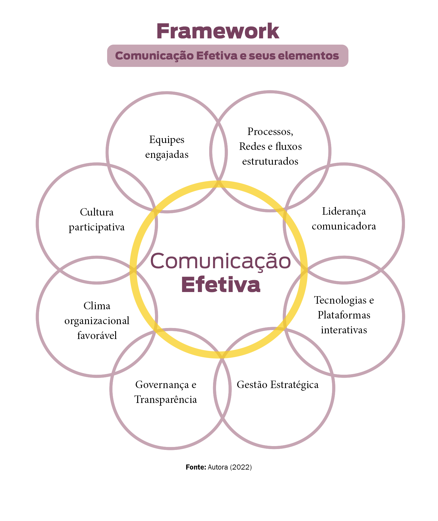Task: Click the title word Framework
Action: [218, 31]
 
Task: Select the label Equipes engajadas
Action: [167, 147]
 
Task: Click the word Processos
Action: [270, 131]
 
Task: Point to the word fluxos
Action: [288, 146]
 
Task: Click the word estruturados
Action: [270, 161]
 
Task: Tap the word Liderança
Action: [344, 211]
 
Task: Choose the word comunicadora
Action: [344, 226]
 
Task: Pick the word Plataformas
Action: [344, 315]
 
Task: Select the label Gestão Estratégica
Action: [277, 385]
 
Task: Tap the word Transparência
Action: [166, 400]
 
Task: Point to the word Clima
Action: [97, 306]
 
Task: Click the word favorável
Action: [97, 335]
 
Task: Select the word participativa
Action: [97, 227]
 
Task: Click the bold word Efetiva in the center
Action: [220, 285]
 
